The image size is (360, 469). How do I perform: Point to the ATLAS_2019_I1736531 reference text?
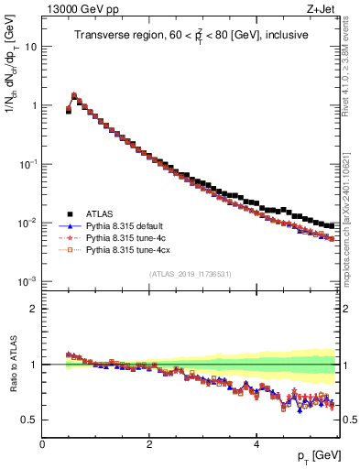189,274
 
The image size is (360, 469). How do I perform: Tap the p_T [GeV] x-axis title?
316,455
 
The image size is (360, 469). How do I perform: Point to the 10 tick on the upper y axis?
31,46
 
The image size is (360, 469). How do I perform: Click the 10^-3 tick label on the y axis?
28,281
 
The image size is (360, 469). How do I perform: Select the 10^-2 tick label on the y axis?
28,223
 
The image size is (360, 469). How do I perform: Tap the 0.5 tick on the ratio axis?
29,420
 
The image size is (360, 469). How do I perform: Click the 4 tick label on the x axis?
256,444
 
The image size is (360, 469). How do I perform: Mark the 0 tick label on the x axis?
42,444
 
